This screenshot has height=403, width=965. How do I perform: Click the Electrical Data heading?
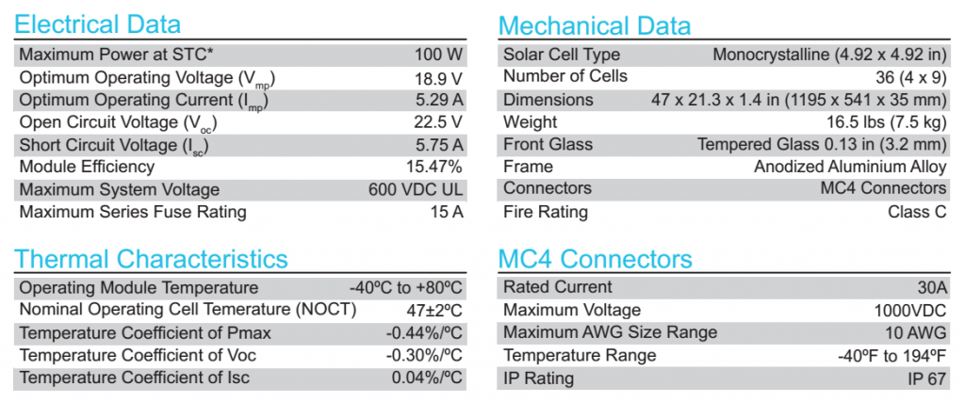[98, 24]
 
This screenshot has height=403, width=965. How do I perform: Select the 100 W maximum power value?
[438, 54]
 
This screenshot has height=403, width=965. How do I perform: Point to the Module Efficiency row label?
[87, 167]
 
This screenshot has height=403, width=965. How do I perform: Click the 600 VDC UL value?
[416, 189]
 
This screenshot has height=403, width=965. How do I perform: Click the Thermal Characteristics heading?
[151, 258]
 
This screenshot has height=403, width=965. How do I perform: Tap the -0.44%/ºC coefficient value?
[424, 332]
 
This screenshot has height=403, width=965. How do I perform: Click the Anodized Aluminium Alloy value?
[850, 167]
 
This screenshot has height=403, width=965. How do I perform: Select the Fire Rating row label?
[546, 212]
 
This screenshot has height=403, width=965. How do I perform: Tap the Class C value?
[917, 212]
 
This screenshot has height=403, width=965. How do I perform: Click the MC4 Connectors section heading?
[595, 258]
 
